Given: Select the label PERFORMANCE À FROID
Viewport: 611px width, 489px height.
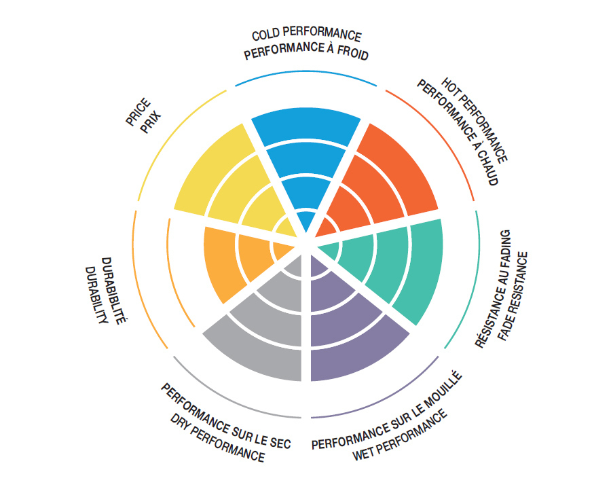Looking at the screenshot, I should click(x=306, y=52).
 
